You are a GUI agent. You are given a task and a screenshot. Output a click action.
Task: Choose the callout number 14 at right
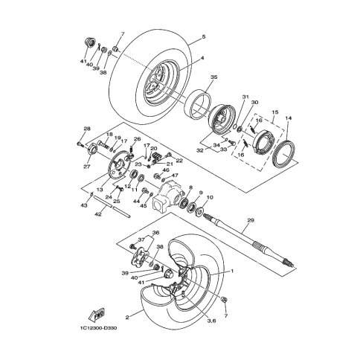click(x=289, y=119)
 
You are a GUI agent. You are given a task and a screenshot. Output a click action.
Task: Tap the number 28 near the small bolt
click(x=87, y=129)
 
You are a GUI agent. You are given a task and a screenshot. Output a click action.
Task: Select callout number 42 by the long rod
click(x=97, y=213)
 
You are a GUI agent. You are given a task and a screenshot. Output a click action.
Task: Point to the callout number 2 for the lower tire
click(x=128, y=317)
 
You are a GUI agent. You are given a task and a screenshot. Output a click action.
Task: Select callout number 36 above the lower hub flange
click(x=155, y=233)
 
